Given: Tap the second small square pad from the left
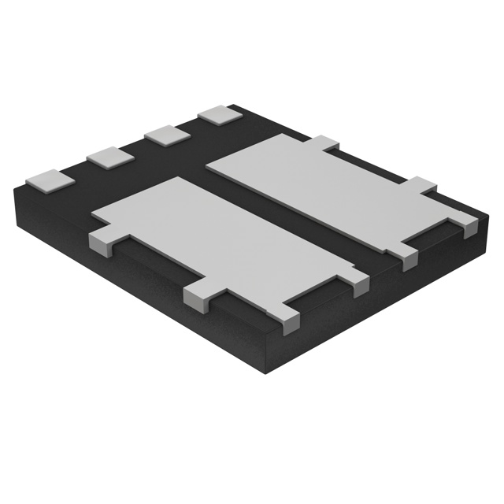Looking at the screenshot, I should tap(109, 157).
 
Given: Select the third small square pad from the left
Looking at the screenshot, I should tap(166, 135).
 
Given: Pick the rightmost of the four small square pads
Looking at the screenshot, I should tap(219, 114).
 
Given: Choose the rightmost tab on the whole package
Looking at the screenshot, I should tap(470, 228).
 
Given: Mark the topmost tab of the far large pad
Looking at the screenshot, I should tap(325, 143).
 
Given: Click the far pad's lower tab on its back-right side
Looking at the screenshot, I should tap(424, 185).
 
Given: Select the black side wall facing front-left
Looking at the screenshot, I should tap(142, 283).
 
